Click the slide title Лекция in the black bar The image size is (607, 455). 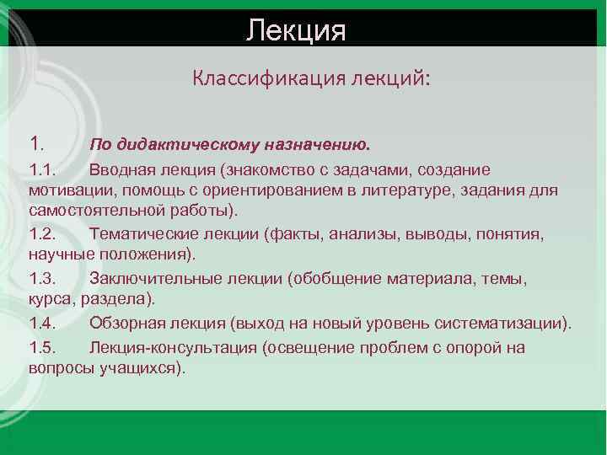[x=296, y=31]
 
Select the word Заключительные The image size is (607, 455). [x=157, y=278]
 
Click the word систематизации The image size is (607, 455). [x=506, y=324]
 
